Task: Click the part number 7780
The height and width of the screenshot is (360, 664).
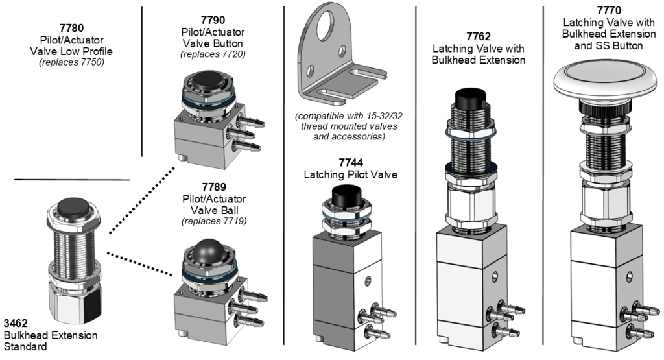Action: tap(71, 28)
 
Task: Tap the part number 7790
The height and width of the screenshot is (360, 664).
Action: tap(213, 20)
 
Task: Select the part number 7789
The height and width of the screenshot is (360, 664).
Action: tap(214, 187)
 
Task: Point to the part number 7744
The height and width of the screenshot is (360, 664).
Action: tap(351, 163)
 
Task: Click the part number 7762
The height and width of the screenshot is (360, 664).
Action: tap(479, 36)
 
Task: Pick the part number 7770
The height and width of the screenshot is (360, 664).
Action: tap(608, 10)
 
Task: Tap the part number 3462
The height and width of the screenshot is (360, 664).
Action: tap(16, 323)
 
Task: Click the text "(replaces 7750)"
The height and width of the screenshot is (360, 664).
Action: tap(71, 62)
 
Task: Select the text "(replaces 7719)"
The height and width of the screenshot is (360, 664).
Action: tap(214, 221)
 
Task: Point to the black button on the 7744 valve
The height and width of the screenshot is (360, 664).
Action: tap(347, 195)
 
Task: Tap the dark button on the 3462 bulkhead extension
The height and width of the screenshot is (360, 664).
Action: tap(74, 207)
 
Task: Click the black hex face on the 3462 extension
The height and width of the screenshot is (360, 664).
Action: tap(92, 302)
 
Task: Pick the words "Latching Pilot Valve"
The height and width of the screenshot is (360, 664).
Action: tap(351, 174)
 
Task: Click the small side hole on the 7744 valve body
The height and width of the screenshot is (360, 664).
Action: tap(368, 280)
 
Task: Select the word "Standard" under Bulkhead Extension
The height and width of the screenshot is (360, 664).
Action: tap(25, 347)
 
